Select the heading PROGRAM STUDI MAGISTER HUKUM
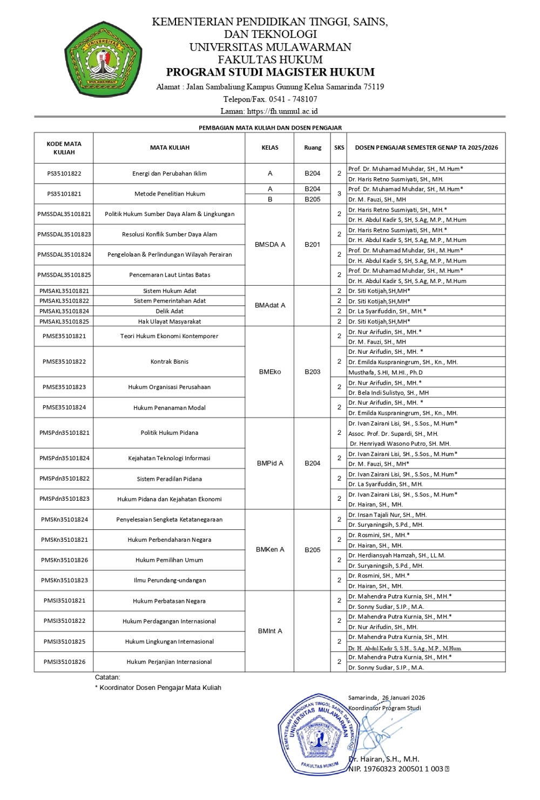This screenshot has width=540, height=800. (270, 72)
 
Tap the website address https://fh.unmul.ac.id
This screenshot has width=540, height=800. (282, 111)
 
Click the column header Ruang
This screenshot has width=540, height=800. (312, 147)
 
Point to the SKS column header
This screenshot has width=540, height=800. (339, 147)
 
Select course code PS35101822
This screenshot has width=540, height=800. (64, 173)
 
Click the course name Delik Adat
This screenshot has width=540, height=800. (170, 311)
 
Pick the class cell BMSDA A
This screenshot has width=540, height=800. (270, 245)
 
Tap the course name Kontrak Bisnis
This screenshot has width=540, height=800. (170, 362)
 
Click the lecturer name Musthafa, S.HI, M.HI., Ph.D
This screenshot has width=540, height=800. (386, 372)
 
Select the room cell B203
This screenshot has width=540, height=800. (312, 372)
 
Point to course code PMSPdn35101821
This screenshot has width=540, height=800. (64, 433)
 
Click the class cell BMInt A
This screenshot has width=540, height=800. (270, 631)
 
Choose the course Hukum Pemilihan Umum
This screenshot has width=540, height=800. (170, 560)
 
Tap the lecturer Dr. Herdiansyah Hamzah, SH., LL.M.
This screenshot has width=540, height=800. (397, 555)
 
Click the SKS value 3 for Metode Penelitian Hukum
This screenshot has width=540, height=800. (339, 194)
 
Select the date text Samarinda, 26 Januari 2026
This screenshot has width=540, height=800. (387, 698)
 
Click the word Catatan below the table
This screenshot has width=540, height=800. (107, 677)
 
